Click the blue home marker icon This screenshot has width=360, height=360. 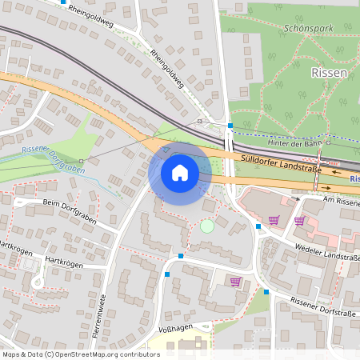(180, 172)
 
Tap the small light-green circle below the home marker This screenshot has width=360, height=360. (207, 226)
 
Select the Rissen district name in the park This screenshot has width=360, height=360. (328, 73)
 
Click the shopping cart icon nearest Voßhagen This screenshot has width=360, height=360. (235, 282)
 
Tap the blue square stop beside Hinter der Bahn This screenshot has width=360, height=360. (230, 125)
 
